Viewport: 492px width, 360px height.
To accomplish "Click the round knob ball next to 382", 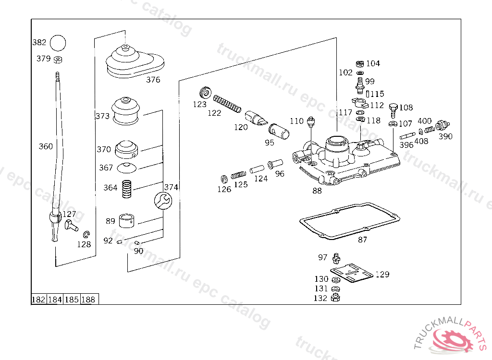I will pyautogui.click(x=58, y=42).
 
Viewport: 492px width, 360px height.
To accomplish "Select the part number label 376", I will pyautogui.click(x=153, y=80).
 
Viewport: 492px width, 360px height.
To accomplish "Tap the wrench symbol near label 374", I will pyautogui.click(x=161, y=201).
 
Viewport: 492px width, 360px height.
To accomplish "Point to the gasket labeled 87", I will pyautogui.click(x=349, y=221).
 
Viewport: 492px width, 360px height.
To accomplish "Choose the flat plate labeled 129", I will pyautogui.click(x=354, y=273).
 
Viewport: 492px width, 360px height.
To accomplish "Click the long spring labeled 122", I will pyautogui.click(x=227, y=103).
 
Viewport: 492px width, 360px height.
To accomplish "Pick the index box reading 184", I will pyautogui.click(x=55, y=300).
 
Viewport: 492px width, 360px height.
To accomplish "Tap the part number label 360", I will pyautogui.click(x=46, y=146).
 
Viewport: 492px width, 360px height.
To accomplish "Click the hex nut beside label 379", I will pyautogui.click(x=57, y=60).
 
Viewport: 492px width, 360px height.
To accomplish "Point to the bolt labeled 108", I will pyautogui.click(x=393, y=109).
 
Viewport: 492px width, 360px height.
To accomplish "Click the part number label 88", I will pyautogui.click(x=317, y=191).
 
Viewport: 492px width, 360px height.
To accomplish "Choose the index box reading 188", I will pyautogui.click(x=89, y=300).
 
